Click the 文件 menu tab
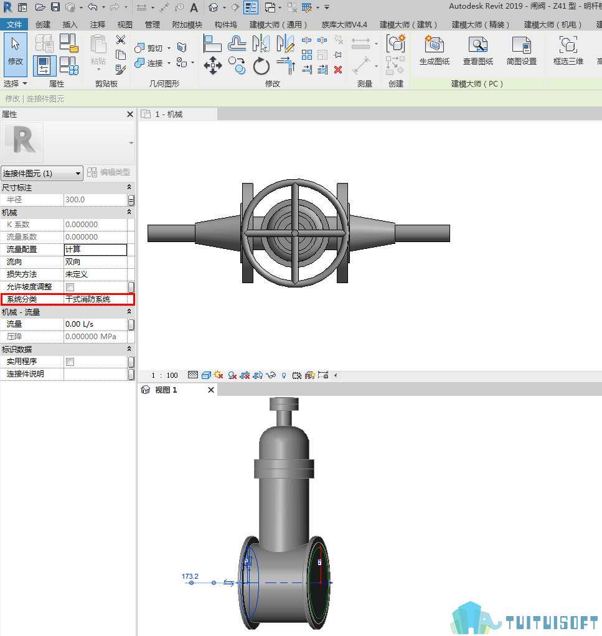14,25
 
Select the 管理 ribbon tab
152,25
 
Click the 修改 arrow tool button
16,54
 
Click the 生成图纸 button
435,50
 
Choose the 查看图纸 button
478,50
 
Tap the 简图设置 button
522,50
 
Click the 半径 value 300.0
75,200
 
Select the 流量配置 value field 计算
95,250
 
